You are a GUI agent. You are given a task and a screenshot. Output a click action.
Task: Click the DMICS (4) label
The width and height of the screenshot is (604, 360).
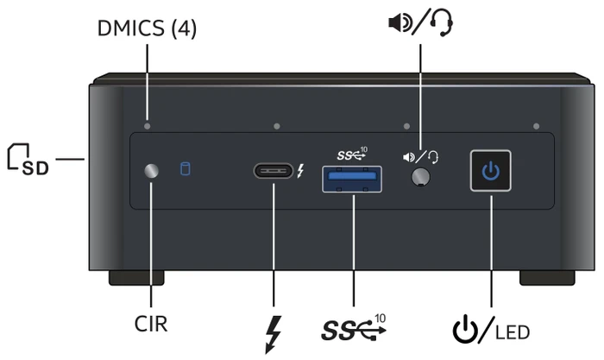147,28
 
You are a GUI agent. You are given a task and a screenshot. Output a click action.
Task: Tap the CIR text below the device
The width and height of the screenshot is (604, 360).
151,324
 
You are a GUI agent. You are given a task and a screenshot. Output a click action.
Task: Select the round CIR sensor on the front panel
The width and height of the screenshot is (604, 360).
151,171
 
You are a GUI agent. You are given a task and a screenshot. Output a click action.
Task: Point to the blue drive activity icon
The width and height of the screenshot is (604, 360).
186,169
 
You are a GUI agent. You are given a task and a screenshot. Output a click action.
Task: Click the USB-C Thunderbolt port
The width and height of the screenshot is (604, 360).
274,171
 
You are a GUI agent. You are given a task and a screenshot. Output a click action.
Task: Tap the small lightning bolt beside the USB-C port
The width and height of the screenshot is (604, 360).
300,171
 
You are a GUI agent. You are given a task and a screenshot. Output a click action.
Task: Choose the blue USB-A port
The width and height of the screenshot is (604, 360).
352,179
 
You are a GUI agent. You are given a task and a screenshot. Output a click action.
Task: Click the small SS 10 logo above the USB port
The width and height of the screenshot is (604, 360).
352,154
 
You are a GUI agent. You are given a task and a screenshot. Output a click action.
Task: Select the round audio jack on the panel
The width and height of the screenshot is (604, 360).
421,177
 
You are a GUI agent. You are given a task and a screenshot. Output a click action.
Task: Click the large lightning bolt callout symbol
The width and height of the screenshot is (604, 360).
274,335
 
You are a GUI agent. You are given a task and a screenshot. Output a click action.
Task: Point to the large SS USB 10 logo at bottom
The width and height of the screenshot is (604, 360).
354,328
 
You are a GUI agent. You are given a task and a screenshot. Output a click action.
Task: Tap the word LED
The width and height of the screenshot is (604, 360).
513,332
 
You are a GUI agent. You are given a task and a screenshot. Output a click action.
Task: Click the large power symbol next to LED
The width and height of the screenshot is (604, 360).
466,329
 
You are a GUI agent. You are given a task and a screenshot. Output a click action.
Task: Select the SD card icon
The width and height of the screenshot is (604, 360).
28,159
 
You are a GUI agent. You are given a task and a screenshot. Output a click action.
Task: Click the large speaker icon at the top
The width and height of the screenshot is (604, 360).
400,22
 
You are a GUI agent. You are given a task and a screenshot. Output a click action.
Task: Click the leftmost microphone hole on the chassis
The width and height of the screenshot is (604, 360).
148,126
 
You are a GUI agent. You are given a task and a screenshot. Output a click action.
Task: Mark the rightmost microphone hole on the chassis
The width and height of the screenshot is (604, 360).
536,126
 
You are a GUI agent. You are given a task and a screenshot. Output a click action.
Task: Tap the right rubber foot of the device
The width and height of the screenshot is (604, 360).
547,277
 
